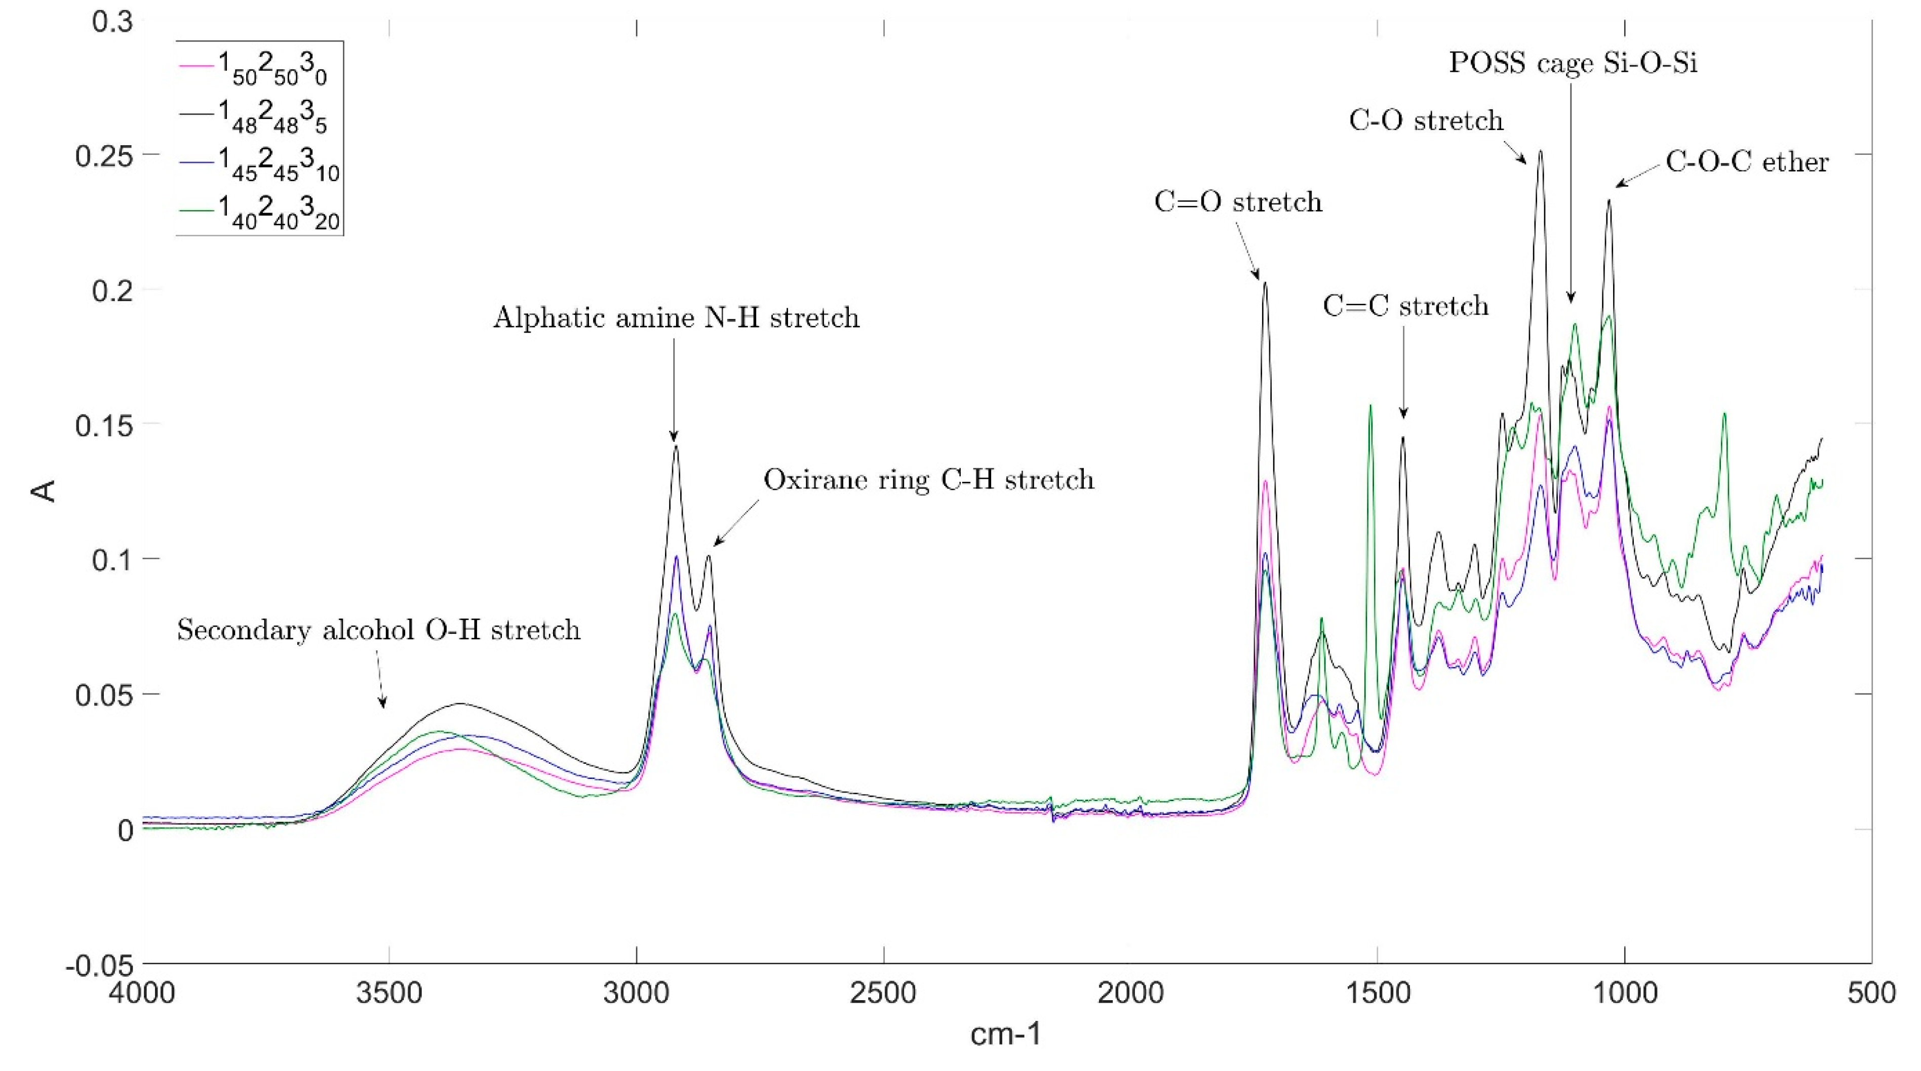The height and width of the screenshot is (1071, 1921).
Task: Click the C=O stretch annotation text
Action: [1238, 202]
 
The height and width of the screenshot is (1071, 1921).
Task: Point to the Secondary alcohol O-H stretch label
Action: [378, 631]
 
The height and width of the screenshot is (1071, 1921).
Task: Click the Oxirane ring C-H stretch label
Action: [928, 480]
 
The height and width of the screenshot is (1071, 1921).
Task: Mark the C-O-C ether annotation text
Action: [1747, 162]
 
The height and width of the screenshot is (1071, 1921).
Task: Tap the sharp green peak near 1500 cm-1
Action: [1370, 406]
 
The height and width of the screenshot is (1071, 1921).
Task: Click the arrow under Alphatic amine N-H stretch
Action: [674, 388]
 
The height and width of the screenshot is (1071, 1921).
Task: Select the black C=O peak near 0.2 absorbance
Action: [1265, 284]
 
